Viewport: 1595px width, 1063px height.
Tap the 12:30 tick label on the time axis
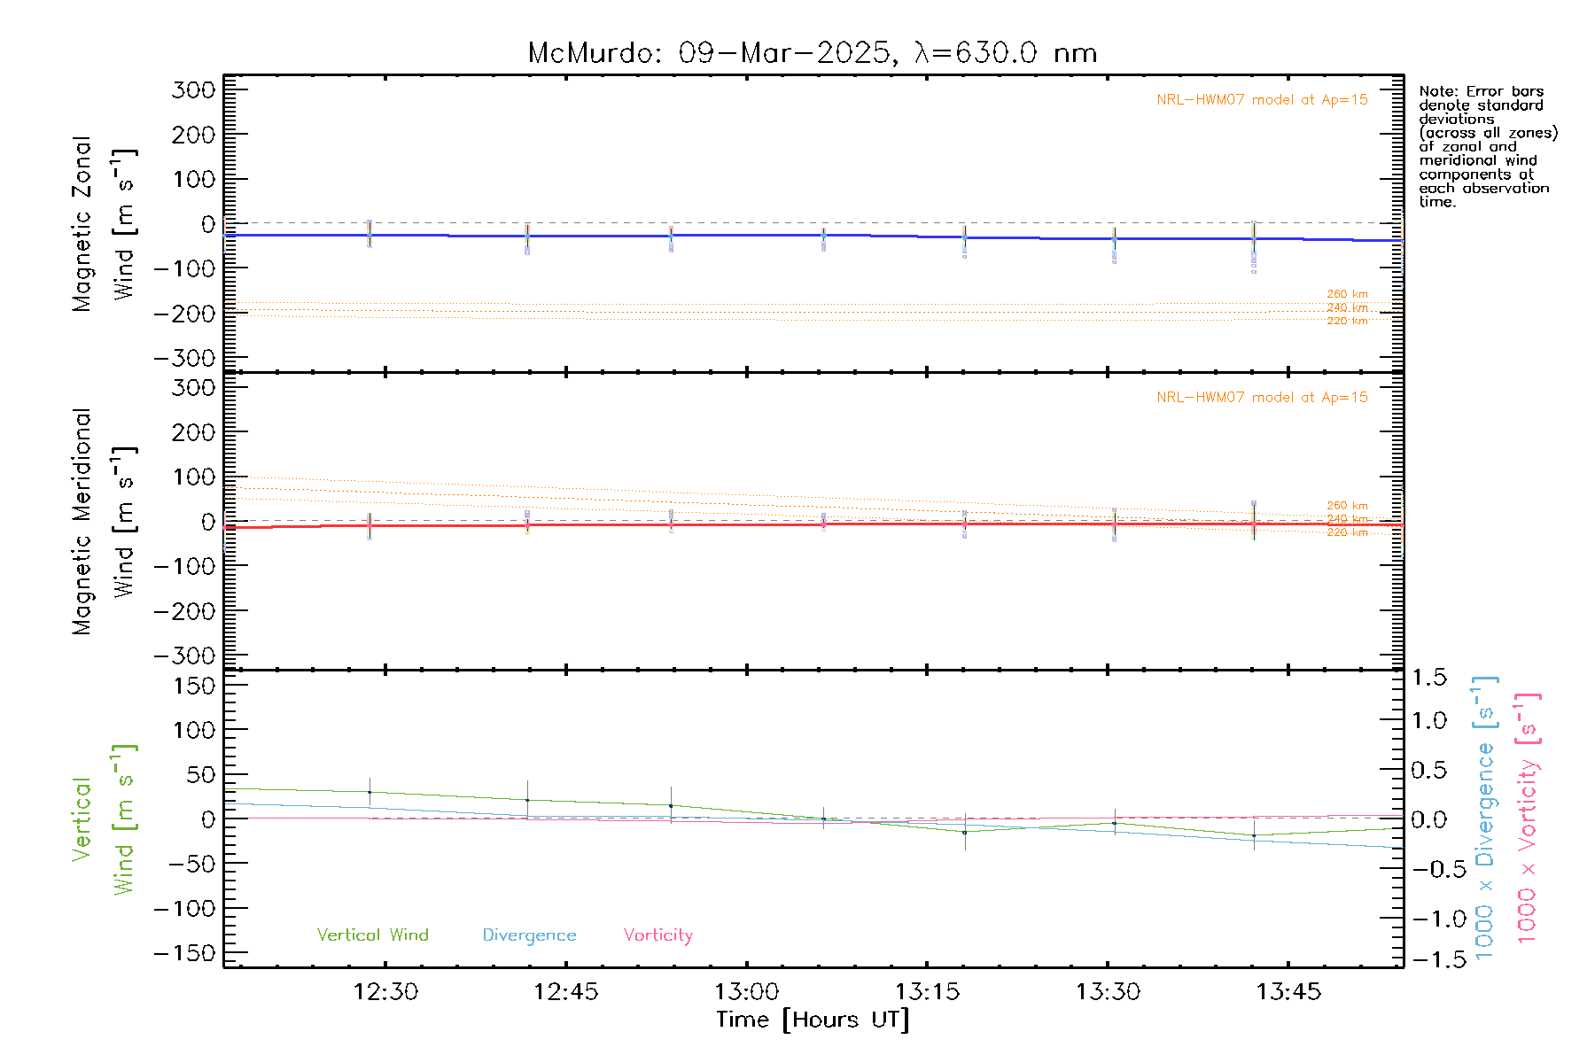tap(385, 991)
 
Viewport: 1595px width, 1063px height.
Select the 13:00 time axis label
tap(746, 991)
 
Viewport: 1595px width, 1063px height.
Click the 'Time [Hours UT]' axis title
tap(813, 1020)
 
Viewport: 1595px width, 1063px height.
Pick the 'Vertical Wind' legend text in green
tap(372, 935)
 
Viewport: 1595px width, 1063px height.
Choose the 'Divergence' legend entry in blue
tap(529, 935)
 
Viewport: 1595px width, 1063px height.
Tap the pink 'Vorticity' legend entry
tap(657, 935)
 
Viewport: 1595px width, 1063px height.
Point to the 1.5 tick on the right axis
tap(1428, 678)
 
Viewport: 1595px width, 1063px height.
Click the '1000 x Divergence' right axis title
tap(1485, 817)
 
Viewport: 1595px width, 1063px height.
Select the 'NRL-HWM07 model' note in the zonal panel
tap(1261, 100)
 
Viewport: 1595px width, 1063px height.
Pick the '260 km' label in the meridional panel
tap(1347, 506)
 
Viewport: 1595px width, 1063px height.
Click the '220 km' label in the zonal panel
tap(1347, 321)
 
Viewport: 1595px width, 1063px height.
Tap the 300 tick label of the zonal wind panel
tap(193, 89)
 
